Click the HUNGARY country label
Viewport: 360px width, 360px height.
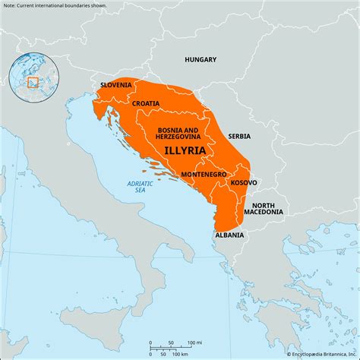pos(201,59)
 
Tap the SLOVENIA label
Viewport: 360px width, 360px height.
pos(116,85)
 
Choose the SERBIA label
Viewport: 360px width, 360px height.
pos(238,137)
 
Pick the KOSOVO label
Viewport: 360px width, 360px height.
pos(244,183)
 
